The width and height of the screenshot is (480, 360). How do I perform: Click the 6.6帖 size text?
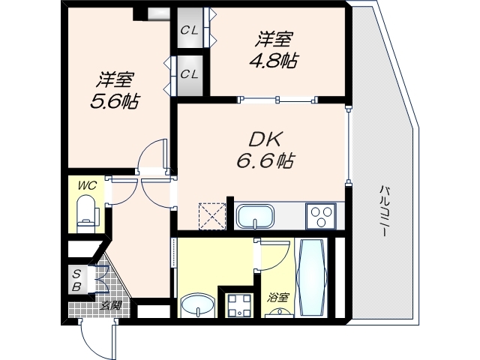262,160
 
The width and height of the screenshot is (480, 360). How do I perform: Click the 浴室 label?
278,298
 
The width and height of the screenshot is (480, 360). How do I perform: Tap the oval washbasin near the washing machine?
197,306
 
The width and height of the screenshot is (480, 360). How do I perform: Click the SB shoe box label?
76,278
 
